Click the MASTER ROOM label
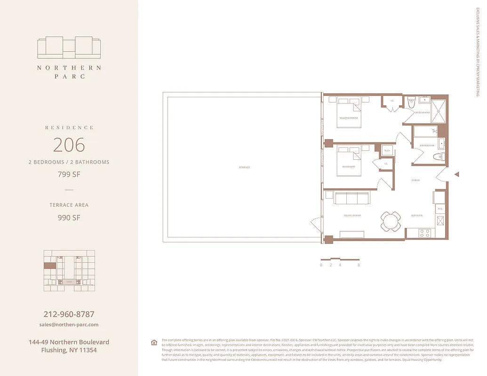(349, 118)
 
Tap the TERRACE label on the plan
(244, 167)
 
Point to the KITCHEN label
(417, 216)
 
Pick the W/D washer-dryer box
(387, 151)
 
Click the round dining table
(391, 221)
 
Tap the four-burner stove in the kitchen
(425, 233)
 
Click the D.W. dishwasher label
(440, 209)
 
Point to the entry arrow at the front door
(456, 174)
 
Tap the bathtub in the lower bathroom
(426, 131)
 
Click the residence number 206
(69, 145)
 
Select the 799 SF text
(69, 175)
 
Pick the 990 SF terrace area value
(69, 218)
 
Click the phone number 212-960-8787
(69, 314)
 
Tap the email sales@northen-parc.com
(69, 325)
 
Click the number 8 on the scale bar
(359, 265)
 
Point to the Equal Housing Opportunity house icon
(154, 343)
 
